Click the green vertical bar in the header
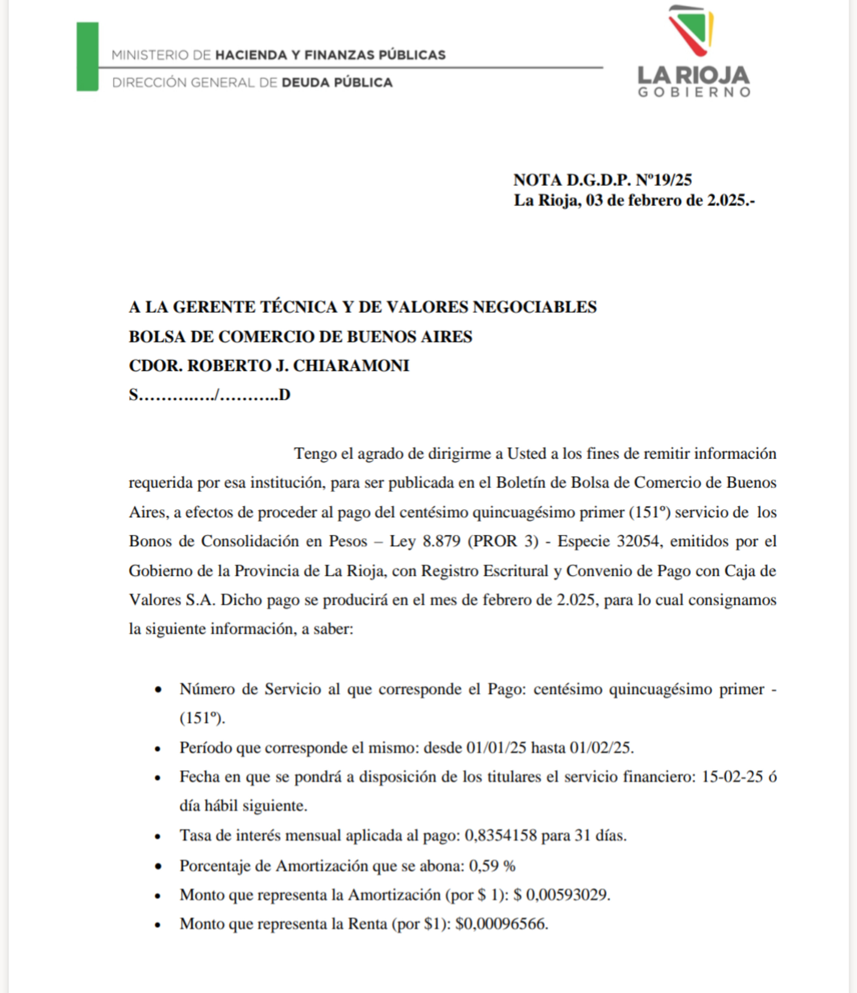pyautogui.click(x=87, y=57)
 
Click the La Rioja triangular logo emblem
pyautogui.click(x=691, y=30)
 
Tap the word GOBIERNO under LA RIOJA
pyautogui.click(x=694, y=92)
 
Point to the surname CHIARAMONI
pyautogui.click(x=351, y=366)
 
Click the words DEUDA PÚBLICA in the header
pyautogui.click(x=337, y=82)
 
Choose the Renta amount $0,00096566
pyautogui.click(x=501, y=924)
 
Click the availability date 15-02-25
pyautogui.click(x=732, y=776)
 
